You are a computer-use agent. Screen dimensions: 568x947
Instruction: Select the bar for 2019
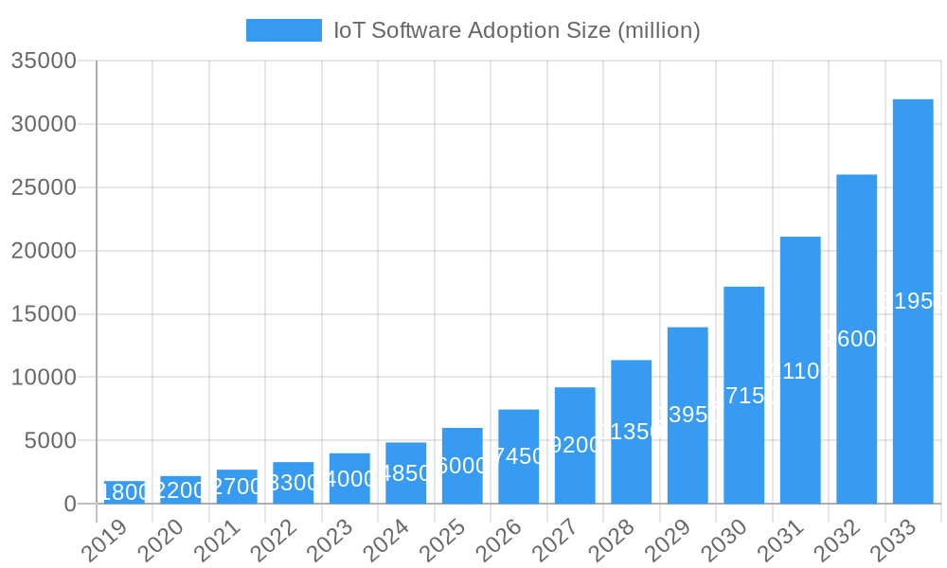(124, 493)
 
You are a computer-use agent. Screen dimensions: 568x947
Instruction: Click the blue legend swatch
(283, 30)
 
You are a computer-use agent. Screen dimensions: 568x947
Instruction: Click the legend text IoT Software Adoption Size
(516, 30)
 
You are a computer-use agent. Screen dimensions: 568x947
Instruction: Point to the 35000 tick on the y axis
(44, 61)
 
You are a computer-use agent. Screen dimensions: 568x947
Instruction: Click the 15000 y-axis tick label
(44, 314)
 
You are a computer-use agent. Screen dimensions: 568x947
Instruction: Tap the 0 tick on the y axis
(70, 505)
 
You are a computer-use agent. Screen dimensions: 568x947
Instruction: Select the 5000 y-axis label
(50, 441)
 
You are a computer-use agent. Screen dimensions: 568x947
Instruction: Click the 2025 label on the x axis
(443, 541)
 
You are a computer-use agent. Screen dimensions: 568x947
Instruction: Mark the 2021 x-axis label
(218, 541)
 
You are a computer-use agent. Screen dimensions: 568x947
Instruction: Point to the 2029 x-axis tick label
(669, 541)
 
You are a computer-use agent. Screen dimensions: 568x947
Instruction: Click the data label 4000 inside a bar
(349, 479)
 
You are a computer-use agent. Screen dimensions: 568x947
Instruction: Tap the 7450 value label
(518, 456)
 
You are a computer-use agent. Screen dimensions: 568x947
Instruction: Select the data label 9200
(575, 445)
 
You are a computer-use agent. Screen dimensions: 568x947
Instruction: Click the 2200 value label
(180, 490)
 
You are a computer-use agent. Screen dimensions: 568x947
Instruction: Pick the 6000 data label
(462, 466)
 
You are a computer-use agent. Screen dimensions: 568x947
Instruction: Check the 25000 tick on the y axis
(44, 187)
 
